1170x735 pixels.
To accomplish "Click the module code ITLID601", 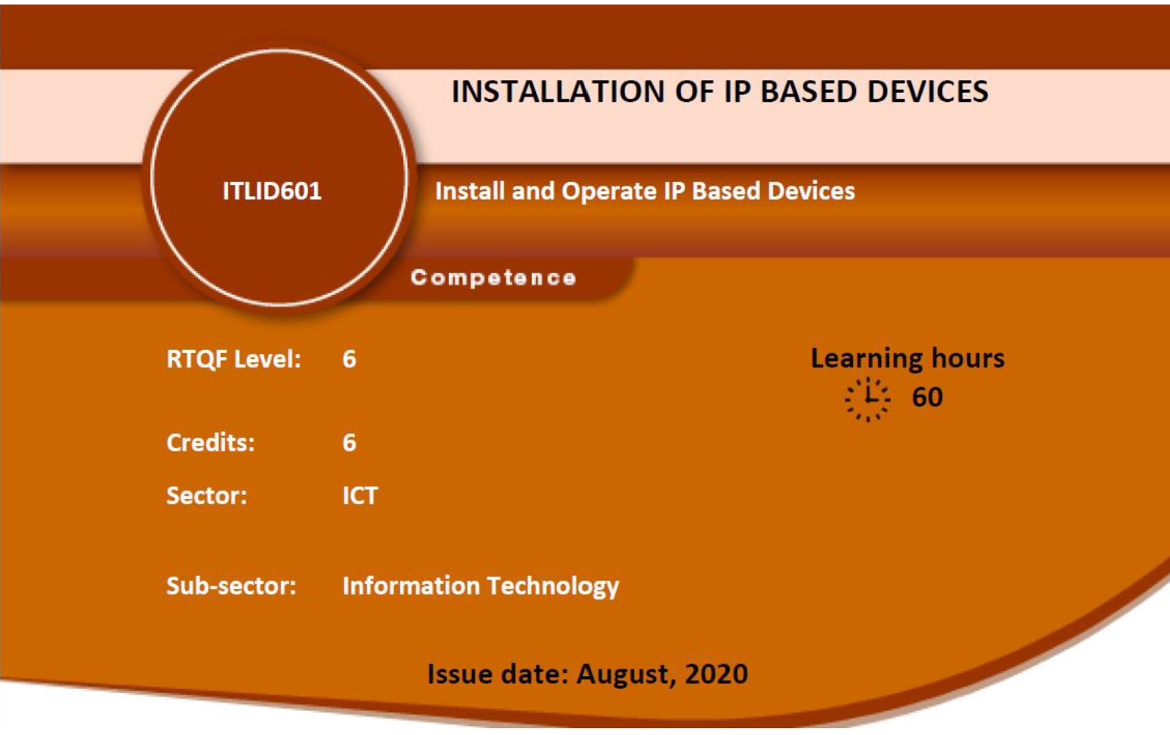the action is click(x=272, y=191).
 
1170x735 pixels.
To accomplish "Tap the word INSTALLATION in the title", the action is click(x=558, y=92).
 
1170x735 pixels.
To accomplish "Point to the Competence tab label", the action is click(x=493, y=278).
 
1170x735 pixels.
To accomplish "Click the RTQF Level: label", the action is click(x=233, y=360).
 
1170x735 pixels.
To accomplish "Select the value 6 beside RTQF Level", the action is click(x=349, y=359).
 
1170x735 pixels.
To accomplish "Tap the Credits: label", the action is click(x=211, y=443).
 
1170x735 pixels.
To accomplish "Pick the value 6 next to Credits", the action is click(x=349, y=443).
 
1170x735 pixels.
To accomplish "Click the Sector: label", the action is click(x=206, y=495).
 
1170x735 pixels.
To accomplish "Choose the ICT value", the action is click(x=360, y=495).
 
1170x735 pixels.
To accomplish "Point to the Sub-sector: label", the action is click(x=231, y=586).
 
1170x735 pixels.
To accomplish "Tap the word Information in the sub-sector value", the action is click(x=411, y=586).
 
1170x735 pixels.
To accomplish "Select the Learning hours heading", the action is click(x=907, y=358).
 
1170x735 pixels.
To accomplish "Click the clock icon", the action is click(x=867, y=399).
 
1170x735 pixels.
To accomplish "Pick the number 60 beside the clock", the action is click(x=928, y=397).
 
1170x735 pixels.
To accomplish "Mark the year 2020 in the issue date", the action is click(x=716, y=674).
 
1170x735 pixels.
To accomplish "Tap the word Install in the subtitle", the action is click(x=470, y=191).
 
